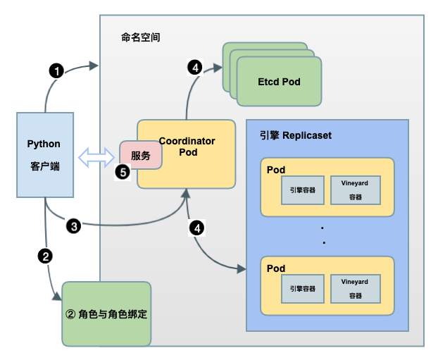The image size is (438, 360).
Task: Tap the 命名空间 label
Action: [141, 37]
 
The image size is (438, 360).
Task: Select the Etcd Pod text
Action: [279, 82]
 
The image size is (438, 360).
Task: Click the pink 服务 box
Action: [140, 156]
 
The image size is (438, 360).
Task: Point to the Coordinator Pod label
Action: [187, 147]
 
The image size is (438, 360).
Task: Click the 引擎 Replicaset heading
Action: [295, 135]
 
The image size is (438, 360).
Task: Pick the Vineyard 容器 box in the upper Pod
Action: [355, 189]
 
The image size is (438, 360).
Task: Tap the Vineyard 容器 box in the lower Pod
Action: [355, 287]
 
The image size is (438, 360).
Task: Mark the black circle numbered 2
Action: [46, 256]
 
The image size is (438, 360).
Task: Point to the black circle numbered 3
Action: [74, 226]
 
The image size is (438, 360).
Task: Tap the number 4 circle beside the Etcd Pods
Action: [195, 68]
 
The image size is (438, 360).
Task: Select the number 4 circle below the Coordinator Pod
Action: [198, 228]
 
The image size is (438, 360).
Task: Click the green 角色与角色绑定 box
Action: [106, 314]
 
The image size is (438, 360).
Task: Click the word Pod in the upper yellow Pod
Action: [276, 170]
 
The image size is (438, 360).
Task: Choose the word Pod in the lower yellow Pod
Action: [276, 268]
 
